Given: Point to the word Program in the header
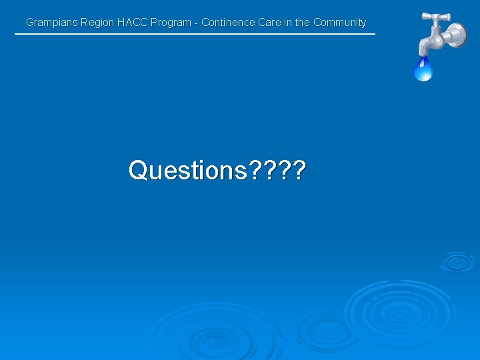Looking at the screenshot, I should click(171, 23).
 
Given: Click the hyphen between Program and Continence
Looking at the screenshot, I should click(196, 23).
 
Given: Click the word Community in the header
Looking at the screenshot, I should click(339, 23).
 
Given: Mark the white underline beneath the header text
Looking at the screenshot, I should click(195, 34).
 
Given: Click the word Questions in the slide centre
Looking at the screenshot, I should click(187, 171).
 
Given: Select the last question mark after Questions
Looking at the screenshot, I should click(299, 171).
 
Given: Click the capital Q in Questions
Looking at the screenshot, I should click(138, 171).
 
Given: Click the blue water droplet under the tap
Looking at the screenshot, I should click(423, 69).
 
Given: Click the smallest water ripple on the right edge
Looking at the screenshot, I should click(457, 261).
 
